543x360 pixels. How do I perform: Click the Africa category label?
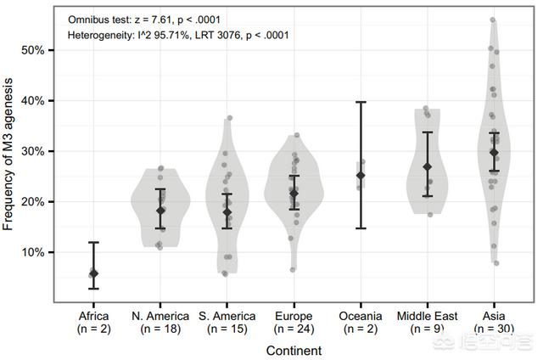click(x=93, y=316)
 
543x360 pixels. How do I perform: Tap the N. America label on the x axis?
click(x=160, y=316)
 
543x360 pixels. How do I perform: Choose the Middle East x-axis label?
click(x=427, y=316)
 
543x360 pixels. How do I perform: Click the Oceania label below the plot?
click(x=361, y=316)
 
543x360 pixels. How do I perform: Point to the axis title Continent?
click(x=294, y=349)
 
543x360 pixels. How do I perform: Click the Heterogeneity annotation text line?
click(x=177, y=35)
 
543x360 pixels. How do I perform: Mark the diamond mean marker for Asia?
click(x=494, y=152)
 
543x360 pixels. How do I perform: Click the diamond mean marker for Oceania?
click(x=361, y=176)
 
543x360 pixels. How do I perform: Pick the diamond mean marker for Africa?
click(x=93, y=273)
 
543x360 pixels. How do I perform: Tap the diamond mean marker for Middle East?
click(x=428, y=166)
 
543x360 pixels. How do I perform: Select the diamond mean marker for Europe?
click(x=294, y=194)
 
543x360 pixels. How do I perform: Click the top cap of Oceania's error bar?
click(x=361, y=102)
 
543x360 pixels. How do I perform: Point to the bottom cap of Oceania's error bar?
click(x=361, y=228)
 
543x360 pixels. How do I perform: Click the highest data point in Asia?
click(x=493, y=20)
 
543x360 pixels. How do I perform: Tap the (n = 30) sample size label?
click(x=494, y=328)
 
